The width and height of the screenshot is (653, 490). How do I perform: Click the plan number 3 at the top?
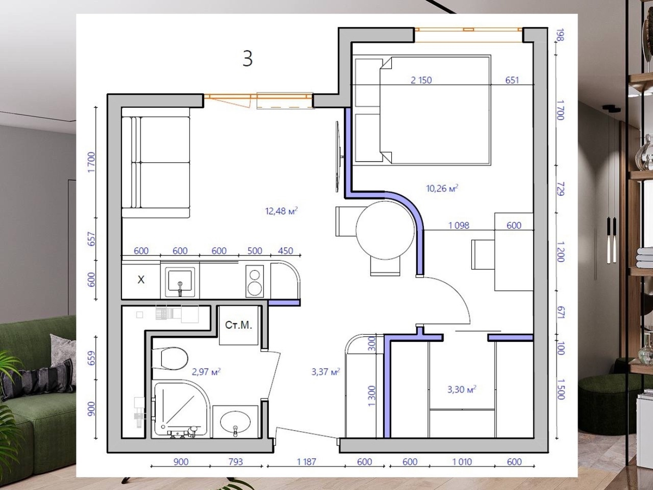(x=248, y=59)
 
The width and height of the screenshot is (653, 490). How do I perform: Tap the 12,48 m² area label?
(x=281, y=211)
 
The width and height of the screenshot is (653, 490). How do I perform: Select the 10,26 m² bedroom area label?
(x=442, y=188)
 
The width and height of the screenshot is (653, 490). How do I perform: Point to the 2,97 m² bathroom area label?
(x=206, y=372)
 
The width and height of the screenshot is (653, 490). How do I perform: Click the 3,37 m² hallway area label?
(x=326, y=372)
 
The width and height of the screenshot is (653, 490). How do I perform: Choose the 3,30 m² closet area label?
(x=461, y=389)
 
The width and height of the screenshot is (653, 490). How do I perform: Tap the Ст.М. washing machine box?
(x=238, y=325)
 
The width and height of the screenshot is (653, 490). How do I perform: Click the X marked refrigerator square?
(x=141, y=280)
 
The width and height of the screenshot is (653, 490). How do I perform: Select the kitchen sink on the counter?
(x=180, y=281)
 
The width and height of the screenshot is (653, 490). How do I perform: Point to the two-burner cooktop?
(x=255, y=281)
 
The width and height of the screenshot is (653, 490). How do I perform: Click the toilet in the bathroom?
(x=170, y=358)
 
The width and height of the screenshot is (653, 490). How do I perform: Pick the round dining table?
(x=385, y=230)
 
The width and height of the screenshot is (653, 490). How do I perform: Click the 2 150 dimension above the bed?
(x=421, y=80)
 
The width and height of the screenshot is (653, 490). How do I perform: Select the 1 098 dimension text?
(x=459, y=225)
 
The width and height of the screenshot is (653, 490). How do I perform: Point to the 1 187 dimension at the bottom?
(x=306, y=462)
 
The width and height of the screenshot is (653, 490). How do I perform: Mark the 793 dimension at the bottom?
(x=236, y=462)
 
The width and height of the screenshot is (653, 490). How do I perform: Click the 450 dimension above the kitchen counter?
(x=285, y=251)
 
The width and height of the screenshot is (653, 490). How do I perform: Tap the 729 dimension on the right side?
(x=560, y=189)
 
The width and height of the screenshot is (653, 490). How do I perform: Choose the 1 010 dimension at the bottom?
(x=462, y=462)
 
